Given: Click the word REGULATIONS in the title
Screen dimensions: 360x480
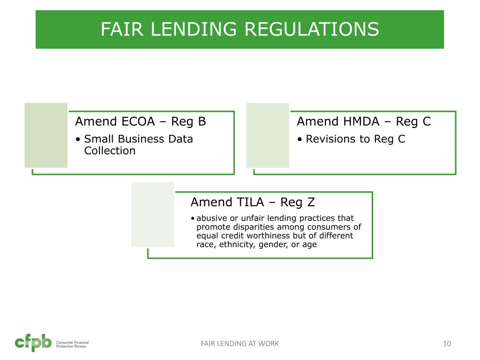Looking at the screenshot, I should [312, 30].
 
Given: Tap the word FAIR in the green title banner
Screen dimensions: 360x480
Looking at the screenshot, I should [118, 30].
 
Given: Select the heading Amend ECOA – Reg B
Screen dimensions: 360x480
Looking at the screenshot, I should [141, 121].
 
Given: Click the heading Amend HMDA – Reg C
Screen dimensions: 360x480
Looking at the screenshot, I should [364, 121].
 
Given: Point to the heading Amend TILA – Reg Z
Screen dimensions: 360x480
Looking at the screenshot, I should [253, 202].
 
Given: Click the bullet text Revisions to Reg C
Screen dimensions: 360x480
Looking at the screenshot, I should [355, 139].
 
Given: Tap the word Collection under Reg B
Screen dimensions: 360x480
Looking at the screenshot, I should [110, 150].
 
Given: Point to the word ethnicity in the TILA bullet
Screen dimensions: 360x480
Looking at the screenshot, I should [237, 245].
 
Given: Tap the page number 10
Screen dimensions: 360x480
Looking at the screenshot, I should [447, 344].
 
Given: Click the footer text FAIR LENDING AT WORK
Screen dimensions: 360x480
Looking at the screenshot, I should [240, 344].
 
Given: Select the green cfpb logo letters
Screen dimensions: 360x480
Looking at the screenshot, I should [33, 343].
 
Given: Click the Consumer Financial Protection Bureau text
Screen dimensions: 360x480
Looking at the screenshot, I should [72, 344].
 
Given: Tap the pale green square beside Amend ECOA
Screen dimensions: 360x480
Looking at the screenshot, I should [46, 135].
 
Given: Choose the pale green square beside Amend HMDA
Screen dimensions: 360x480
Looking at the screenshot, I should [268, 135].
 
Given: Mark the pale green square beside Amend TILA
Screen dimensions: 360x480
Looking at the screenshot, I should [152, 215].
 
